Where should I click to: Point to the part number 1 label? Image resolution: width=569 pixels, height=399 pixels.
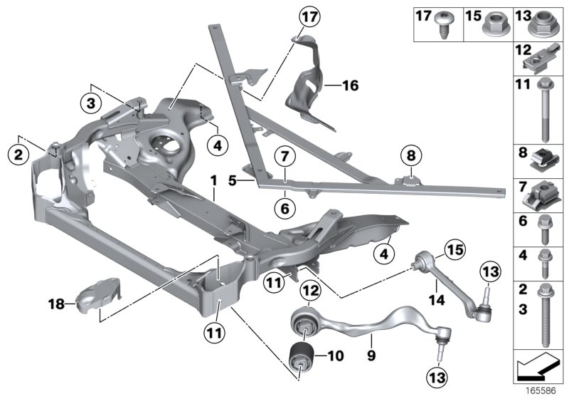coord(213,184)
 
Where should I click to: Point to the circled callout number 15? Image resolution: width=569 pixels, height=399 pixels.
coord(454,249)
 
